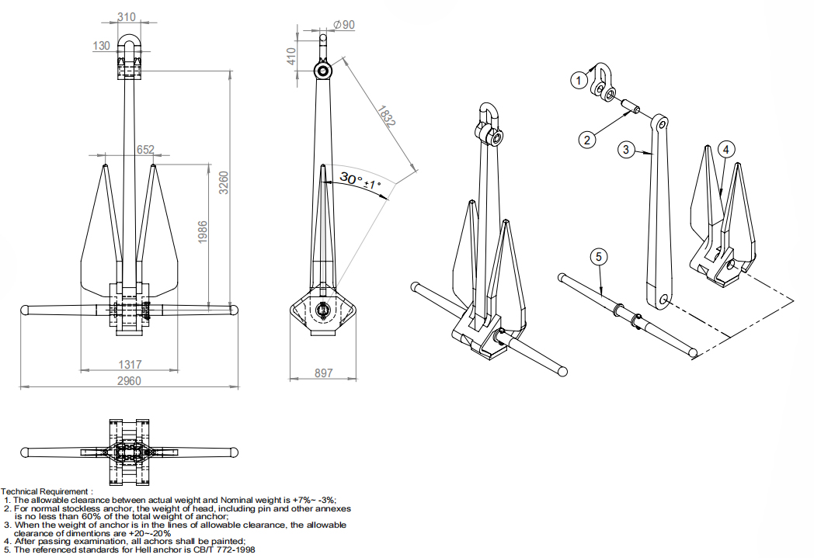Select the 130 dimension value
point(102,46)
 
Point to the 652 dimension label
point(146,150)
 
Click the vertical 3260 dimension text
point(224,183)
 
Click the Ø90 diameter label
point(343,25)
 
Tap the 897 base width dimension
point(323,373)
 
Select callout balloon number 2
point(587,140)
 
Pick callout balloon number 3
point(627,149)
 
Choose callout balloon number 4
point(725,148)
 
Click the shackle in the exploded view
point(603,81)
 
